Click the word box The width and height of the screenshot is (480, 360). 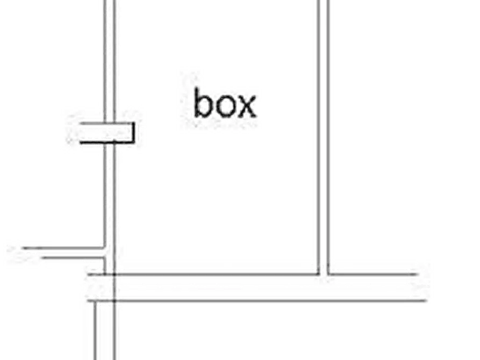pos(225,103)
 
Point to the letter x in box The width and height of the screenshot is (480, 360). pos(247,106)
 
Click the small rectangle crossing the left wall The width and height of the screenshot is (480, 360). pos(107,133)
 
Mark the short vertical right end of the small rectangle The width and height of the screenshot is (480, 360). pos(133,133)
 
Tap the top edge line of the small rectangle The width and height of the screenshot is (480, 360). pos(107,124)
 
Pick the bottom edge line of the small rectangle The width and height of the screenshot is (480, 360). pos(107,142)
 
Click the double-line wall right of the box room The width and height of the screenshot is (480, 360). pos(323,137)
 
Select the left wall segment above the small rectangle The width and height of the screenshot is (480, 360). pos(110,61)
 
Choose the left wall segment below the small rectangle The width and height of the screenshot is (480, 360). pos(110,208)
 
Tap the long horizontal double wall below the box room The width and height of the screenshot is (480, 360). pos(257,288)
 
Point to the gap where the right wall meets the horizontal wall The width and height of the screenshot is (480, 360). pos(324,275)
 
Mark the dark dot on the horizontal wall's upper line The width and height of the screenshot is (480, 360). pos(114,275)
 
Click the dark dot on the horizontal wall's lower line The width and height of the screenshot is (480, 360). pos(114,301)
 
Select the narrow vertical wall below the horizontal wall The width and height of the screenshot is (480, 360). pos(105,330)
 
